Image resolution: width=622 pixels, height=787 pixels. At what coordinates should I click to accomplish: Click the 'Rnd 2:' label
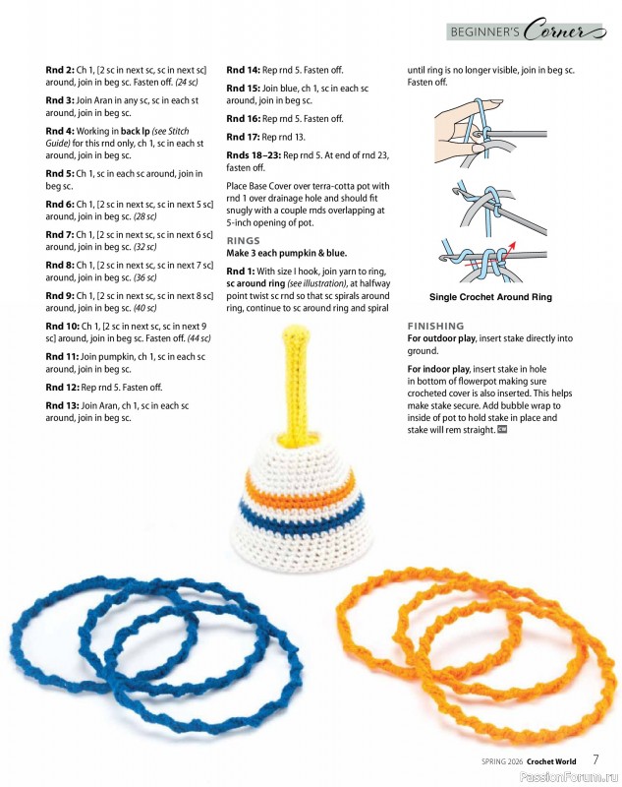pyautogui.click(x=60, y=70)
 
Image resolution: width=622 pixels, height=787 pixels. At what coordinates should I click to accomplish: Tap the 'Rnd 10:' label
pyautogui.click(x=63, y=325)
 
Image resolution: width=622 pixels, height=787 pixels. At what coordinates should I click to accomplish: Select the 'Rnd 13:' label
pyautogui.click(x=63, y=405)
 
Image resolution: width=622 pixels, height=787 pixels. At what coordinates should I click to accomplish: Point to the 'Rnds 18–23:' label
pyautogui.click(x=253, y=155)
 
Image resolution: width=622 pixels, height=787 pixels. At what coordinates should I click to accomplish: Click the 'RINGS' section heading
pyautogui.click(x=244, y=240)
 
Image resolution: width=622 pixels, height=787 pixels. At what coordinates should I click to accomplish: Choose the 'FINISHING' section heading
pyautogui.click(x=436, y=326)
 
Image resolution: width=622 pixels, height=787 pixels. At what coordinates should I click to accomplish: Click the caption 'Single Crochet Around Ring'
pyautogui.click(x=490, y=297)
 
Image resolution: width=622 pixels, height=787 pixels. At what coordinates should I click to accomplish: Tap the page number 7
pyautogui.click(x=595, y=759)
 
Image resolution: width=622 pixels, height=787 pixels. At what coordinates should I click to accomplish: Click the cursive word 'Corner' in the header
pyautogui.click(x=561, y=31)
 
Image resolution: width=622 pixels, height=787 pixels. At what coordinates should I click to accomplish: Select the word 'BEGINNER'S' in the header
pyautogui.click(x=484, y=32)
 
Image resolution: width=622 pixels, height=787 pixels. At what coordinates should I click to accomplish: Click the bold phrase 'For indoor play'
pyautogui.click(x=441, y=369)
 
